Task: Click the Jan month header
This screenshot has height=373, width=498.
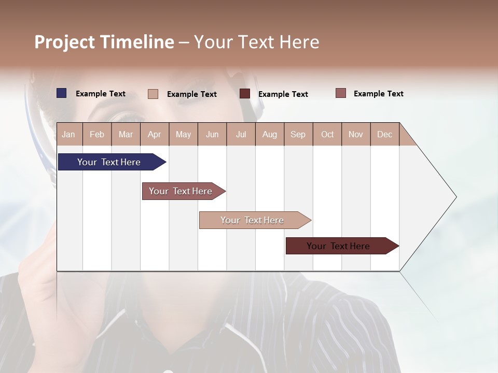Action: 68,134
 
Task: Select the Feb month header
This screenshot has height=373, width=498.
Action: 97,134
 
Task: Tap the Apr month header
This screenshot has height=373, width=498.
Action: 154,134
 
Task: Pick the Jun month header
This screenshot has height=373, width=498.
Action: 212,134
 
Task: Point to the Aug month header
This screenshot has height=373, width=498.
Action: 269,134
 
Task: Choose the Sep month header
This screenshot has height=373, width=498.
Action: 298,134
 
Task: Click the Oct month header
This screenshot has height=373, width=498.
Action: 327,134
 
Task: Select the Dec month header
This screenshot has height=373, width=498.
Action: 384,134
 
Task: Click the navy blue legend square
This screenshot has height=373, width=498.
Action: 62,93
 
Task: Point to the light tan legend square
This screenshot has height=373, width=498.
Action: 153,94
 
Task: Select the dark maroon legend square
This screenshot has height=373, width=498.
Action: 245,93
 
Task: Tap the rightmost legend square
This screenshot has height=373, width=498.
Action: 340,93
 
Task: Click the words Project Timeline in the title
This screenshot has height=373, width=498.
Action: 104,42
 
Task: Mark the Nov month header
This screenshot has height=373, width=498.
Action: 356,134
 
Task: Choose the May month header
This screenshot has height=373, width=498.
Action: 183,134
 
